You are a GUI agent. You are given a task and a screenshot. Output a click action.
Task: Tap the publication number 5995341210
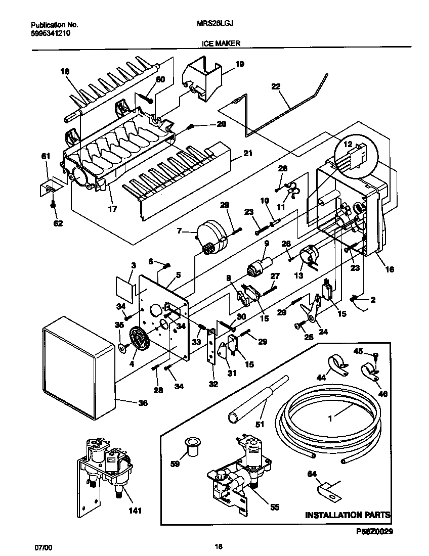pyautogui.click(x=51, y=33)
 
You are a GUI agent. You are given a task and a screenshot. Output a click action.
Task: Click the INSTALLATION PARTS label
pyautogui.click(x=348, y=515)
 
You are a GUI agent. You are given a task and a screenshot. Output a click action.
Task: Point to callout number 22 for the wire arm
pyautogui.click(x=275, y=86)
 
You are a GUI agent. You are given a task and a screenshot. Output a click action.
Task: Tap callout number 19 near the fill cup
pyautogui.click(x=239, y=64)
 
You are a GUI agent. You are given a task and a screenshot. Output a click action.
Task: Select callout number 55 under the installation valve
pyautogui.click(x=274, y=507)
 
